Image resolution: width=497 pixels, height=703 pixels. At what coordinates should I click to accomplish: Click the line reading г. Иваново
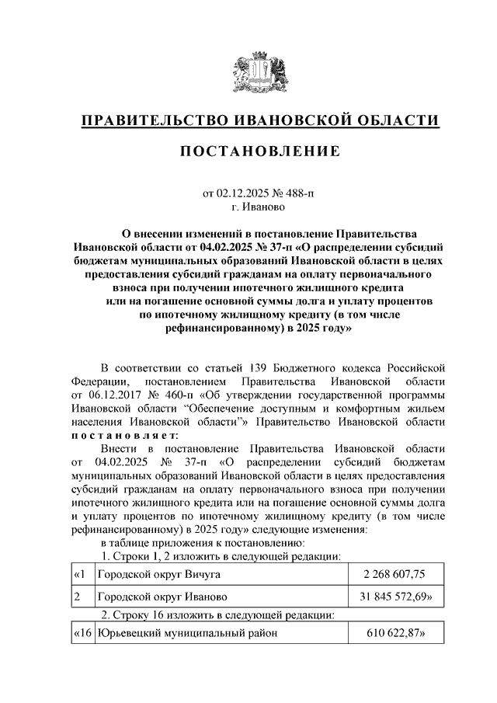point(259,208)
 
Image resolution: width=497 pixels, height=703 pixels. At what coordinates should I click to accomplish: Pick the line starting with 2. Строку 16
point(218,615)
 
